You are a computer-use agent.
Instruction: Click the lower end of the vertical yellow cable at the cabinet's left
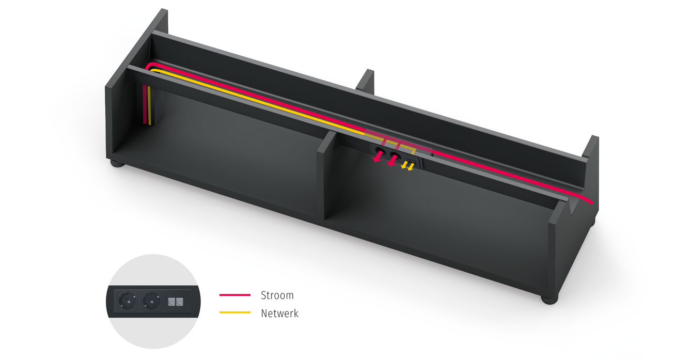[x=150, y=125]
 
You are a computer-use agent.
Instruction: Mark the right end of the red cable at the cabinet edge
[x=592, y=204]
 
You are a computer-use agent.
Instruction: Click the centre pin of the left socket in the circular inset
[x=128, y=301]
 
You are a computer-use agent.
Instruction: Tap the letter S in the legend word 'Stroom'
[x=263, y=295]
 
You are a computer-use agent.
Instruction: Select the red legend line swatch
[x=235, y=295]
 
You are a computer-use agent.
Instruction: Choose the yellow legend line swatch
[x=235, y=312]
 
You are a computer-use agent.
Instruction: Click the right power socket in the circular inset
[x=151, y=301]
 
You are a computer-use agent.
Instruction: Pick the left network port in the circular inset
[x=172, y=302]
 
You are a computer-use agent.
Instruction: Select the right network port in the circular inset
[x=180, y=302]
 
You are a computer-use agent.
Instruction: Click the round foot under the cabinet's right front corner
[x=549, y=300]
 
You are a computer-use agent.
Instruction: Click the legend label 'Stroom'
[x=277, y=295]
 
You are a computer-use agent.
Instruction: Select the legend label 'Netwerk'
[x=279, y=314]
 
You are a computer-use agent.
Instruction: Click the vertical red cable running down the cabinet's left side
[x=145, y=104]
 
